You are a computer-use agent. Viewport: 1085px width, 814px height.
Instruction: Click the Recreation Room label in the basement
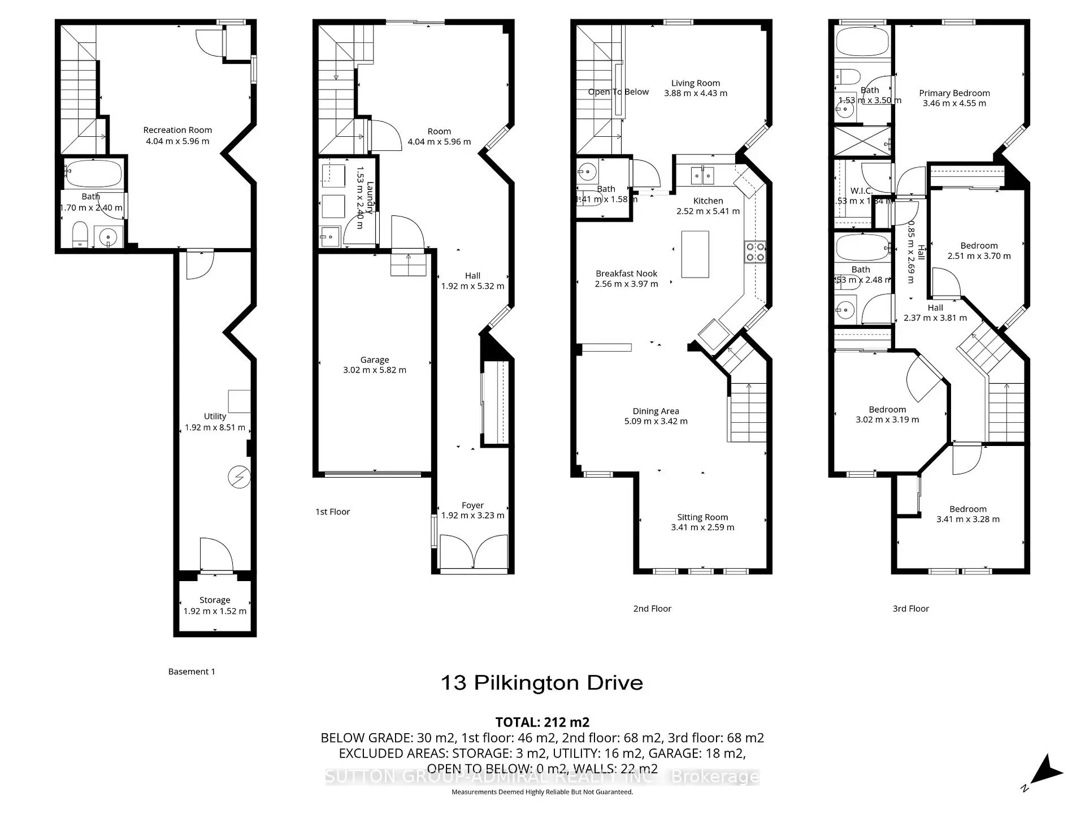click(177, 130)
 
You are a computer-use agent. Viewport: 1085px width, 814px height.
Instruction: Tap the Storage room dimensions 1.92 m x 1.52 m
click(215, 611)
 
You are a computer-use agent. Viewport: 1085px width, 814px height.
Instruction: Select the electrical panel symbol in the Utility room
click(238, 477)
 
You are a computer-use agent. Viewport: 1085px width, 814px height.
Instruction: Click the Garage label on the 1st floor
click(374, 360)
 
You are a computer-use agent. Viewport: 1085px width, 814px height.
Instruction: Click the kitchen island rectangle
click(695, 254)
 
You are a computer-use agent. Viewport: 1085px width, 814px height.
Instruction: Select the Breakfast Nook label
click(626, 274)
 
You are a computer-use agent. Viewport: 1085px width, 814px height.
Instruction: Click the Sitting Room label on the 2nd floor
click(702, 517)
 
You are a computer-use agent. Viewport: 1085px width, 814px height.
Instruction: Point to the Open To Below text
click(618, 92)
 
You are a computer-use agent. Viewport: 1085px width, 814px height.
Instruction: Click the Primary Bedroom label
click(954, 93)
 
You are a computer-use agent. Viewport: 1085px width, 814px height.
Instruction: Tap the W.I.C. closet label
click(861, 191)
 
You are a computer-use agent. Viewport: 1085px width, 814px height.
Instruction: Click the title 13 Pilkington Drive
click(541, 683)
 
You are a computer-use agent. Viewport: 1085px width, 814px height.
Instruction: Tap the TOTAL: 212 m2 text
click(542, 722)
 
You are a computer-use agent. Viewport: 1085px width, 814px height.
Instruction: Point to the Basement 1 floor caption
click(192, 672)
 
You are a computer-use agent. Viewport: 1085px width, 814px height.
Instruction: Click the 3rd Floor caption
click(910, 609)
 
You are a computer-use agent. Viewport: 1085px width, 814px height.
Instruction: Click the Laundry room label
click(371, 197)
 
